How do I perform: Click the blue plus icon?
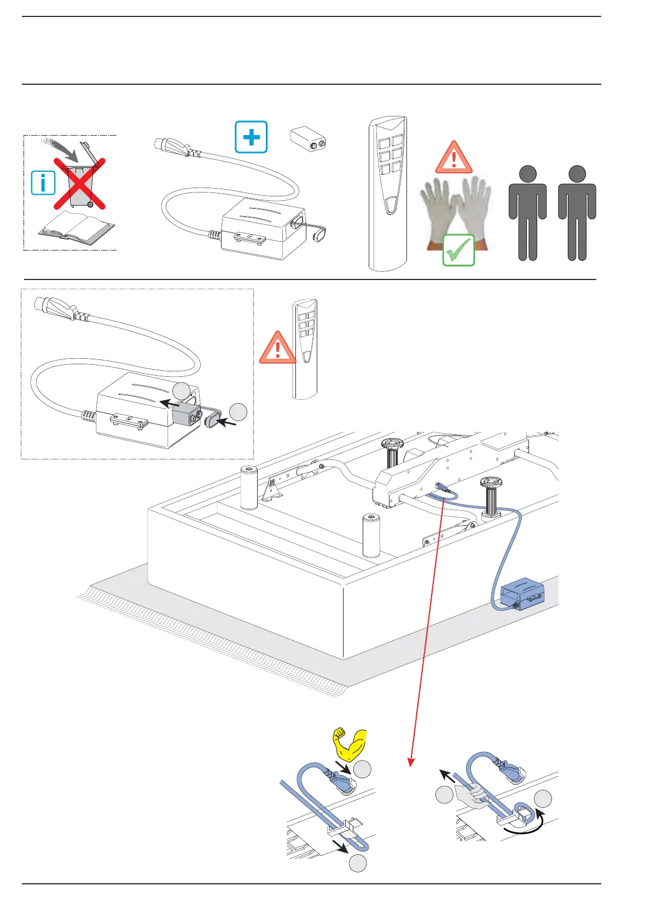251,137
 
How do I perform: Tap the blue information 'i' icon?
43,183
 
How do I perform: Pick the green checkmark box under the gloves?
458,250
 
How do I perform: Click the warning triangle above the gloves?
454,158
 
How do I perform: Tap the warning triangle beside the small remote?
277,348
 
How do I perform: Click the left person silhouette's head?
527,174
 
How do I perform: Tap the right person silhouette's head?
577,174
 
